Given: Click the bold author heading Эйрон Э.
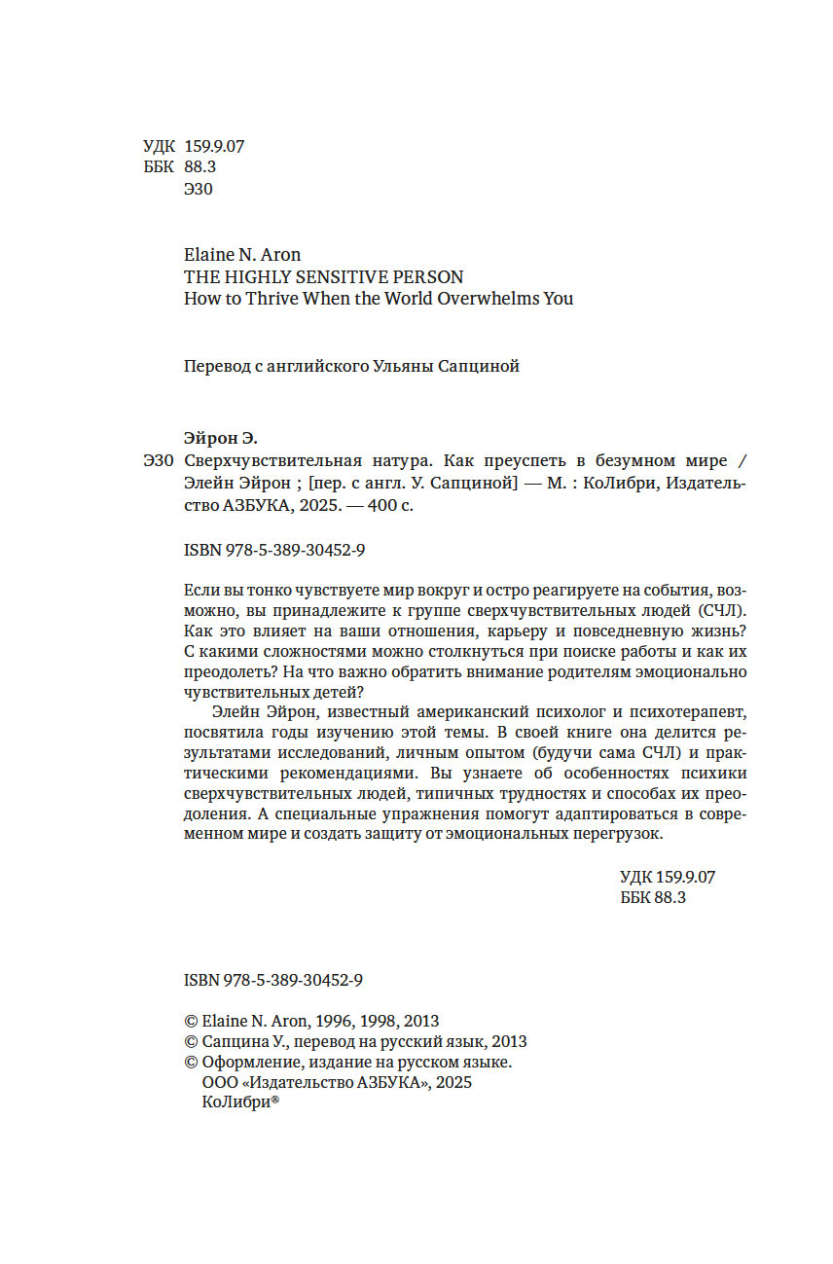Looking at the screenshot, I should pos(221,438).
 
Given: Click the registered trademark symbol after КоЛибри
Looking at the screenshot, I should pos(274,1100).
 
